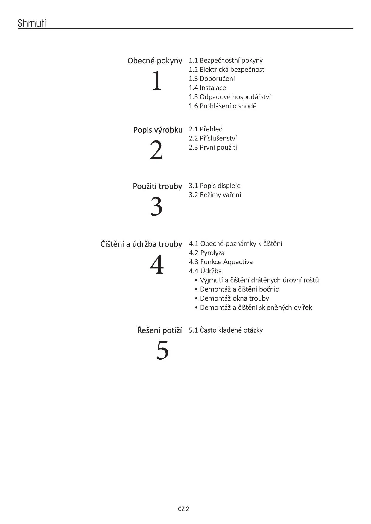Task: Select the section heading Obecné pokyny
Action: (x=155, y=61)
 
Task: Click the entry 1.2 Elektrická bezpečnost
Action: (x=226, y=70)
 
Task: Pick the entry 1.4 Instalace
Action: (x=207, y=88)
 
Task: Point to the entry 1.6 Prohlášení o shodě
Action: (x=223, y=106)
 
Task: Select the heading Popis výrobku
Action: (x=158, y=130)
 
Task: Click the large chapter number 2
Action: (x=156, y=151)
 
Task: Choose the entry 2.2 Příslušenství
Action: (x=213, y=138)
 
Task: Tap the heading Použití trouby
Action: (x=157, y=186)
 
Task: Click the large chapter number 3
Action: (x=156, y=207)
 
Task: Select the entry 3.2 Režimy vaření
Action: (x=215, y=195)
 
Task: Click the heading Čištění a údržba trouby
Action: (x=141, y=244)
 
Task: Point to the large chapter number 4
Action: (x=157, y=265)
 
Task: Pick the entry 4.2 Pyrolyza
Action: (x=207, y=253)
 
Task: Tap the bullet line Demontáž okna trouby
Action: (x=234, y=298)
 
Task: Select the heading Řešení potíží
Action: (x=159, y=330)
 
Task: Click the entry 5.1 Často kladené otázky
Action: (x=226, y=330)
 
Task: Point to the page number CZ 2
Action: (x=183, y=509)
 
